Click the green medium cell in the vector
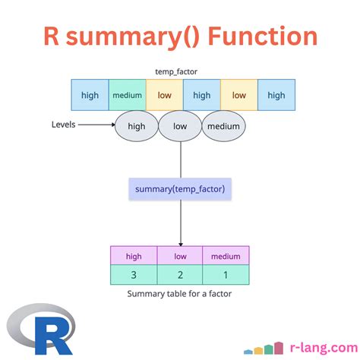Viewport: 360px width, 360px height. tap(127, 95)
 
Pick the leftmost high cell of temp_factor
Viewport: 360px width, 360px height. tap(90, 95)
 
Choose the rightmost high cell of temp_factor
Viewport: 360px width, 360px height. tap(276, 95)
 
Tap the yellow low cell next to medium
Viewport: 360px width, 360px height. tap(164, 95)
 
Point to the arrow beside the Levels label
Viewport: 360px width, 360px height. tap(97, 125)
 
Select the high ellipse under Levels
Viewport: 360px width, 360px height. tap(137, 126)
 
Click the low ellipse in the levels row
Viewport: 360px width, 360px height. tap(180, 126)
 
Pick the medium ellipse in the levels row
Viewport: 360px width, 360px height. tap(224, 126)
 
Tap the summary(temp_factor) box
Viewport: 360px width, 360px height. tap(180, 188)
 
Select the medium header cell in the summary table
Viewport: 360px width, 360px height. tap(225, 256)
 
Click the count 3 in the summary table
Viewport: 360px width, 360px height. tap(134, 275)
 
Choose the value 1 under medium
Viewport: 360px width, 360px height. tap(225, 275)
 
